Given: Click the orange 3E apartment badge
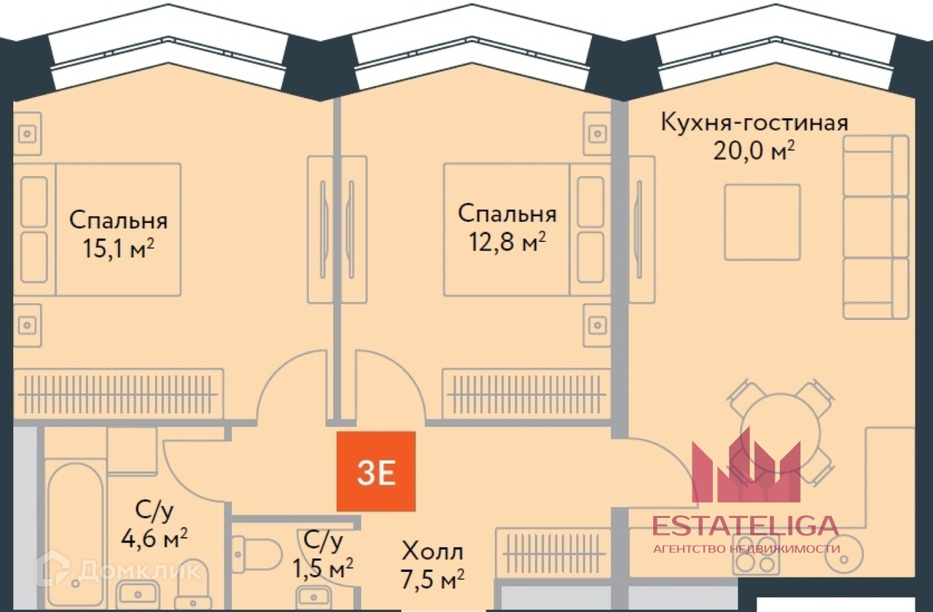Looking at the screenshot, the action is pyautogui.click(x=376, y=471).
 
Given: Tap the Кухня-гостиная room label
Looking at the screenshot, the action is pyautogui.click(x=754, y=122).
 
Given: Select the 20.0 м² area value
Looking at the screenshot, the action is pyautogui.click(x=754, y=152).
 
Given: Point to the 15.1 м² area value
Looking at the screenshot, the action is pyautogui.click(x=119, y=249).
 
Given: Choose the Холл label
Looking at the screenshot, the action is pyautogui.click(x=433, y=552).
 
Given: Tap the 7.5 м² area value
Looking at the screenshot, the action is pyautogui.click(x=433, y=580).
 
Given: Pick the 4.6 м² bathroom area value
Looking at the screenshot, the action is pyautogui.click(x=154, y=540).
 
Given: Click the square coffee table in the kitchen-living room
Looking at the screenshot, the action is pyautogui.click(x=762, y=221).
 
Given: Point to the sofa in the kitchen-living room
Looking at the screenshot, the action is pyautogui.click(x=875, y=226).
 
